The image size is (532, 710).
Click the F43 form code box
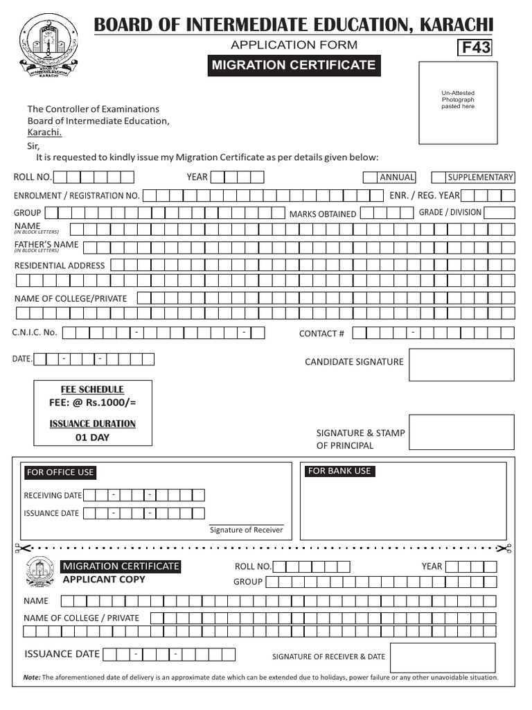(475, 47)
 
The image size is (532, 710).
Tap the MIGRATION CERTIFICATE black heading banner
(294, 66)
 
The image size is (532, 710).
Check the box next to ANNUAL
(371, 177)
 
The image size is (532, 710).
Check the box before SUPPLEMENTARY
(438, 177)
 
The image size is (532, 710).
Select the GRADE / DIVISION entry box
(499, 213)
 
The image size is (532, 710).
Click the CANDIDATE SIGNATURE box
(461, 365)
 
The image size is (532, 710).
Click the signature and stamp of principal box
(461, 432)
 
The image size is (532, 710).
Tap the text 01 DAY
(92, 438)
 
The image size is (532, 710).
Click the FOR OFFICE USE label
(60, 472)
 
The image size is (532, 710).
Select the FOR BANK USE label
(339, 471)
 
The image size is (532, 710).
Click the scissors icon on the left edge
(19, 548)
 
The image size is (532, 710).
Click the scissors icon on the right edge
(508, 548)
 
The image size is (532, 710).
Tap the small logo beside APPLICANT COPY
(39, 573)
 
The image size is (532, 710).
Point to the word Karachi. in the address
(44, 132)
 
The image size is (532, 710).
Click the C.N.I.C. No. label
(35, 333)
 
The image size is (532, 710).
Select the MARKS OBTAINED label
(322, 214)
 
